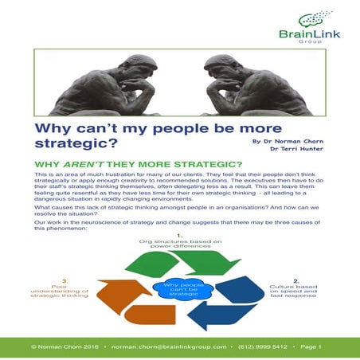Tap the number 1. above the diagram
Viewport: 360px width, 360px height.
tap(180, 236)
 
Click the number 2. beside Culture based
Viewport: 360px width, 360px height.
tap(297, 280)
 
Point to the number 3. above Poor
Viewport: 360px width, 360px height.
tap(55, 280)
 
